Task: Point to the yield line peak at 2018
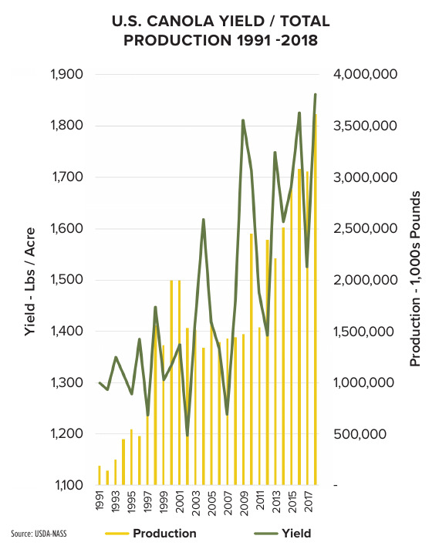[x=315, y=95]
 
